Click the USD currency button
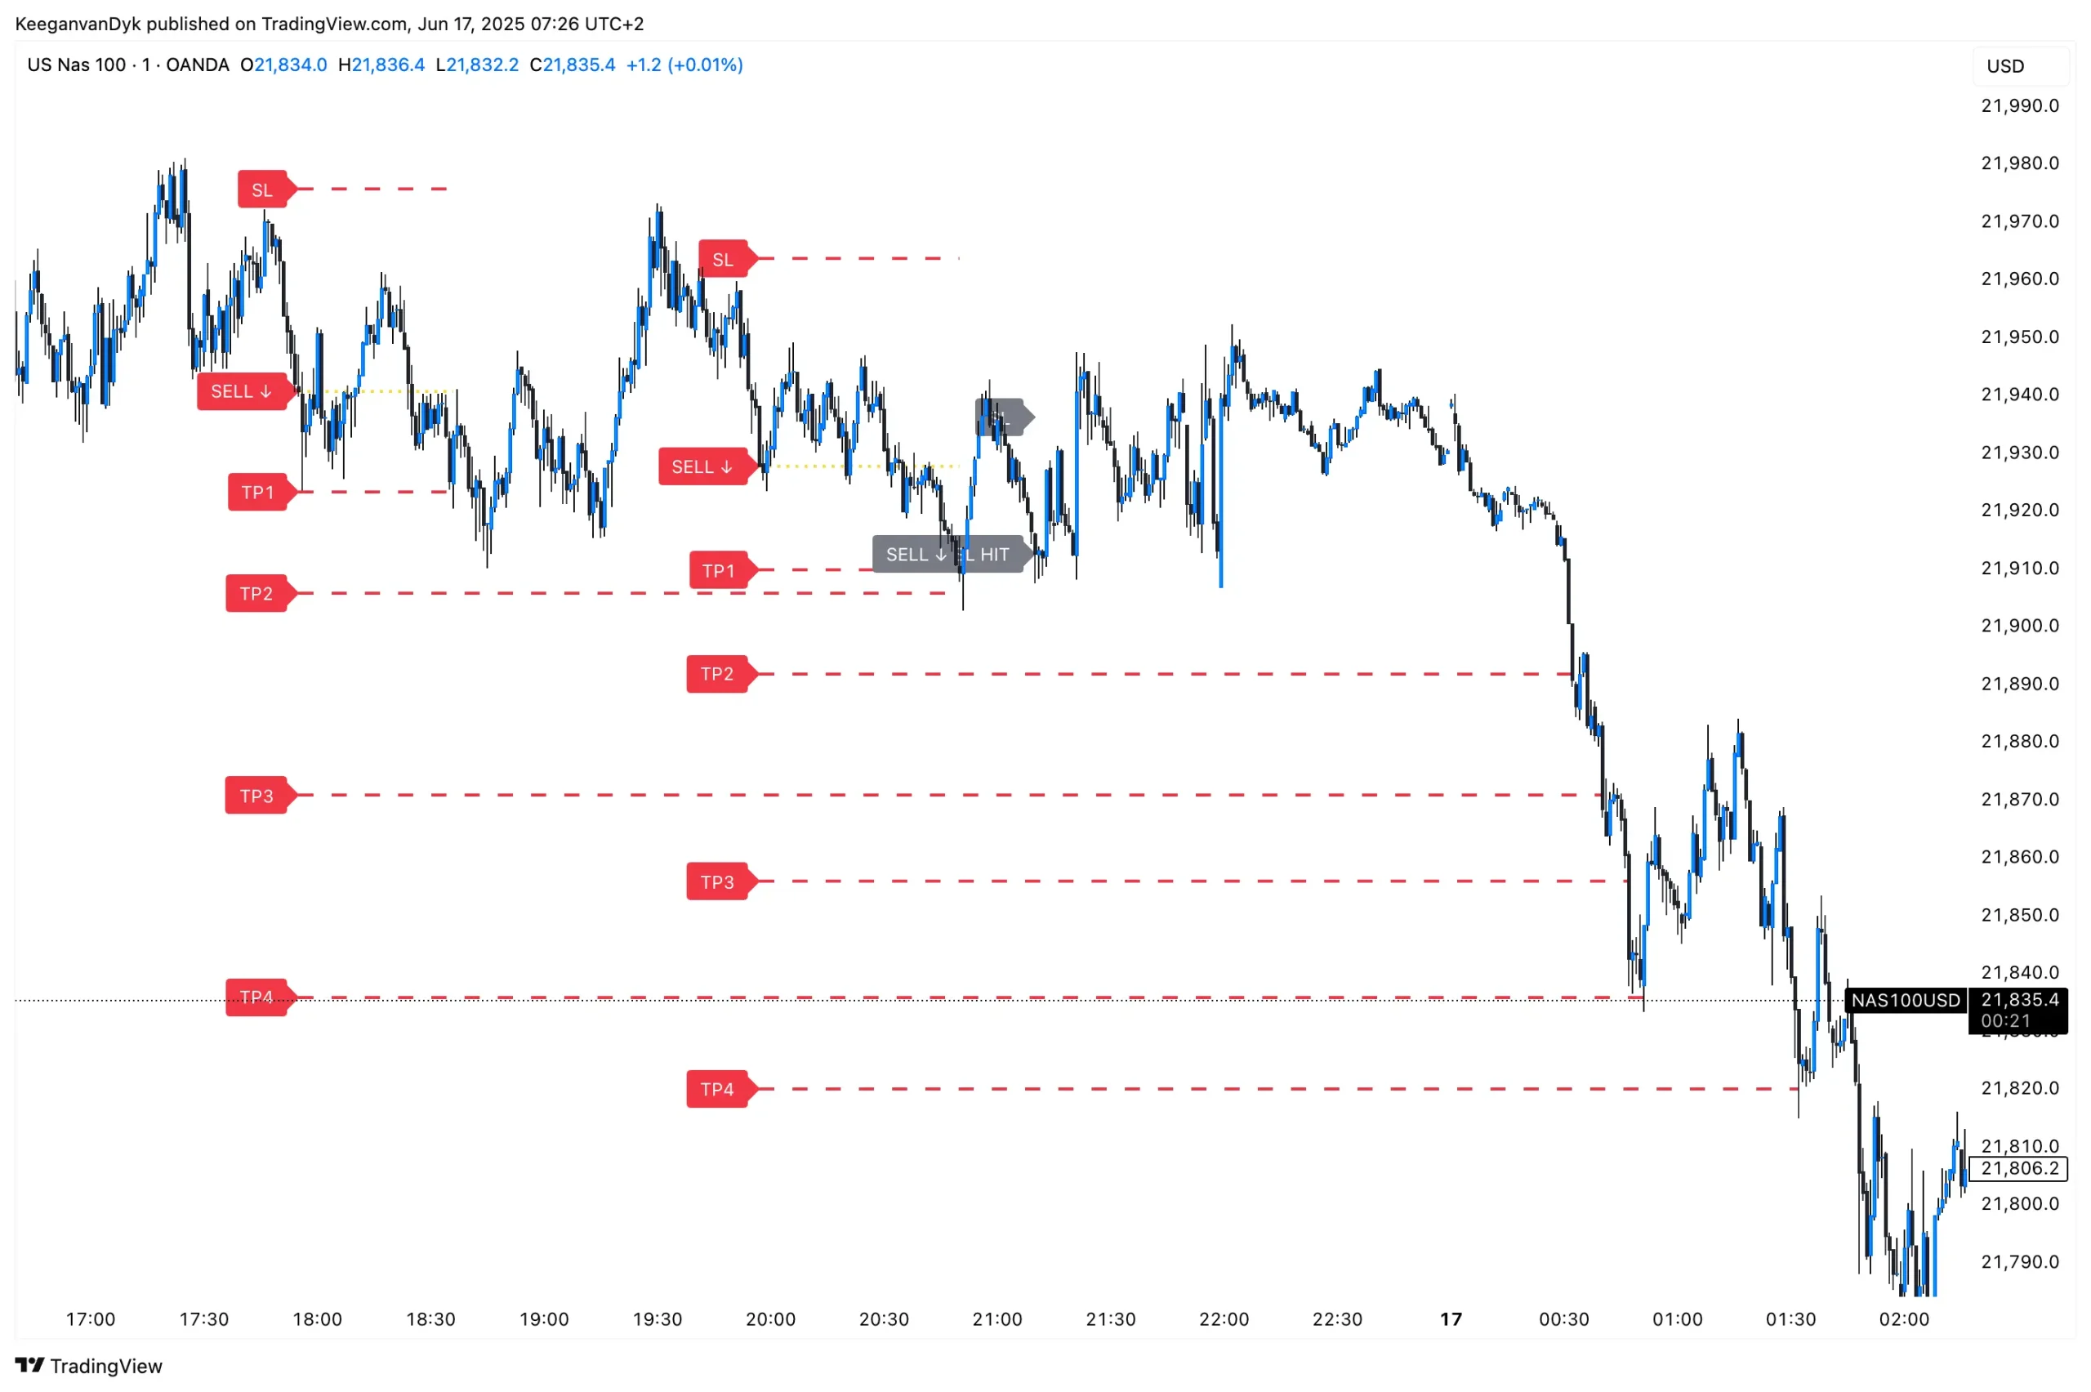point(2004,65)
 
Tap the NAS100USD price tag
point(1905,1001)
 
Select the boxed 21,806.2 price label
point(2018,1168)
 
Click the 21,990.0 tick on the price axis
point(2019,105)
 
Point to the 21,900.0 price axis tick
point(2019,626)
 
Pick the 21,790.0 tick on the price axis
point(2019,1261)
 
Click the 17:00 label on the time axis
point(91,1319)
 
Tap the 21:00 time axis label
point(996,1319)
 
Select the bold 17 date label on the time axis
point(1450,1319)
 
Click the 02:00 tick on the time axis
point(1903,1319)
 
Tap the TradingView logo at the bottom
point(89,1366)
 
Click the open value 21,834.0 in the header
point(290,65)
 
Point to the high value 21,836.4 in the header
point(388,65)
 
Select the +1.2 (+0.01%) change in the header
point(684,65)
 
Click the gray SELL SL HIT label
point(947,555)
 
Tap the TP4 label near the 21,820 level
point(717,1089)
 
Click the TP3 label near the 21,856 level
point(717,881)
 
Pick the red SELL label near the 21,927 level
point(702,467)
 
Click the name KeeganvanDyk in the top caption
point(78,24)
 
